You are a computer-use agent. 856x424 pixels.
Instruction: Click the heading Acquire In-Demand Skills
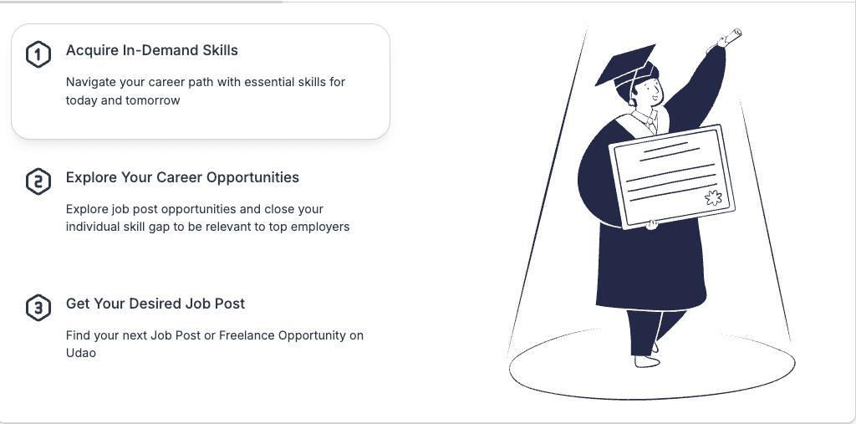click(x=152, y=51)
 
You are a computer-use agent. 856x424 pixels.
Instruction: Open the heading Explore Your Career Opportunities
click(x=182, y=177)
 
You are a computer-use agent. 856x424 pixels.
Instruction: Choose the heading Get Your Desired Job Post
click(x=155, y=304)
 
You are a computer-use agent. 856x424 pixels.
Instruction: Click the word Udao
click(x=82, y=353)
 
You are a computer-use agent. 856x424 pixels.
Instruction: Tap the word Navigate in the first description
click(x=94, y=82)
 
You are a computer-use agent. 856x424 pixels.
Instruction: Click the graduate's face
click(x=650, y=91)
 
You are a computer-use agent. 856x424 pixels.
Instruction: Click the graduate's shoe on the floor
click(x=645, y=360)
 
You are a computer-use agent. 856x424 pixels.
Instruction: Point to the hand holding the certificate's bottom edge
click(x=651, y=223)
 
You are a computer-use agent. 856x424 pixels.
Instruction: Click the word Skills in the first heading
click(x=222, y=51)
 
